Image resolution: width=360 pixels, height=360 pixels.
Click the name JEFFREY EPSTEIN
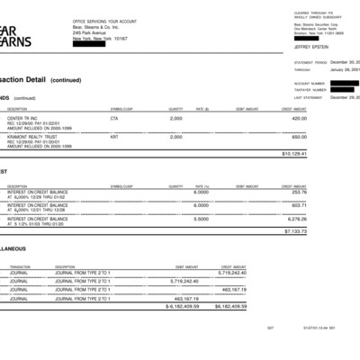click(308, 46)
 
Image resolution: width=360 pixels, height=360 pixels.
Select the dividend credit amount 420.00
click(300, 118)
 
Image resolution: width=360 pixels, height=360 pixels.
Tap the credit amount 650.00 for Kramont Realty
click(300, 137)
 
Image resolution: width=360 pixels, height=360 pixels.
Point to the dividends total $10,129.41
click(294, 154)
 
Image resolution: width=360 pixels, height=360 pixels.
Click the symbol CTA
click(114, 118)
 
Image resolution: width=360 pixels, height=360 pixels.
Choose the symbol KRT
click(114, 137)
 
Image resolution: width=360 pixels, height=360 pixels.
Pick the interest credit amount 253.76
click(300, 192)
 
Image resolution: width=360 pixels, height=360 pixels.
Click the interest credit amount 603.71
click(300, 205)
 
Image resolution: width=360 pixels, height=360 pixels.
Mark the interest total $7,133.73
click(296, 231)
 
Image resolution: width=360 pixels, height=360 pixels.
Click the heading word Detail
click(35, 79)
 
